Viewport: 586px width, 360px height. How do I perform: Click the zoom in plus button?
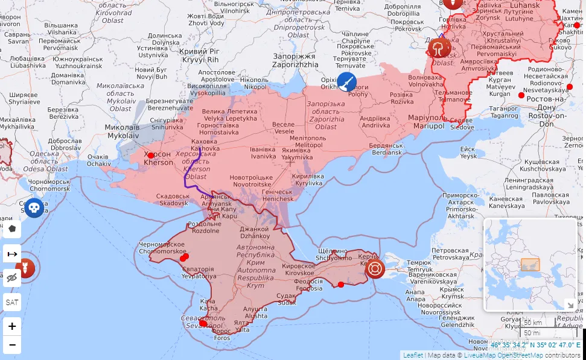coord(12,326)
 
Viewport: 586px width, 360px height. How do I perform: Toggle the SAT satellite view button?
coord(12,302)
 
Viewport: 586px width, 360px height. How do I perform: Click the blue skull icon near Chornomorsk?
coord(34,207)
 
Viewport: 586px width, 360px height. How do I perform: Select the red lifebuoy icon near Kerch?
coord(374,269)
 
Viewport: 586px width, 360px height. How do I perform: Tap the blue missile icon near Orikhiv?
coord(346,82)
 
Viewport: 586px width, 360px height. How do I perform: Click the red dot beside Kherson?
coord(151,155)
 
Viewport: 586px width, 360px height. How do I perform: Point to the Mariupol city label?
coord(426,122)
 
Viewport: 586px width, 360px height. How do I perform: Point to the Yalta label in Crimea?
coord(242,326)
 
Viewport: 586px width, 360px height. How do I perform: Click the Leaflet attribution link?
coord(413,355)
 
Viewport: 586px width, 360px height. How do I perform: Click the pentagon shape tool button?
coord(12,230)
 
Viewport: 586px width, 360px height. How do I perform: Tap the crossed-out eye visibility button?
coord(12,278)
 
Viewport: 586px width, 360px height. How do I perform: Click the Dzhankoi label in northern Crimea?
coord(254,232)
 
